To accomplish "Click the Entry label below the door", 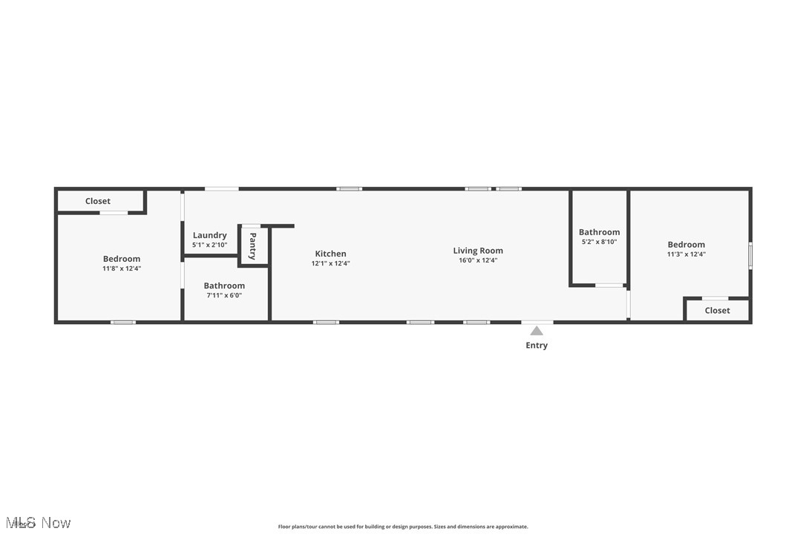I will tap(537, 346).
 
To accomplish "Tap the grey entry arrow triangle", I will tap(537, 332).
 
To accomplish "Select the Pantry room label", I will tap(252, 246).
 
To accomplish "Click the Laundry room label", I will tap(209, 235).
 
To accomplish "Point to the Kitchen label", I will tap(330, 254).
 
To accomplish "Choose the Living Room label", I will tap(478, 251).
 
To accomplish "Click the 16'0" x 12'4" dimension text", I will tap(478, 260).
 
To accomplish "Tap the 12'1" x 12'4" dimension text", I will tap(330, 263).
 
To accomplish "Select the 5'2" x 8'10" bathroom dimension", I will tap(598, 242).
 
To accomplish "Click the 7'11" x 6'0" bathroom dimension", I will tap(224, 295).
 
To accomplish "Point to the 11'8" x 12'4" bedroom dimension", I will tap(122, 268).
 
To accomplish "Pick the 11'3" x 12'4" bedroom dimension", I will tap(686, 254).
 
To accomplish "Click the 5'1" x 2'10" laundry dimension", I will tap(209, 245).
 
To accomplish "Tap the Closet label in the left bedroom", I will tap(97, 201).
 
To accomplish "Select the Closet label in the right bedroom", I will tap(717, 311).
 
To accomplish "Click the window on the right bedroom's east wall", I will tap(750, 256).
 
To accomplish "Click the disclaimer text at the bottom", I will tap(403, 527).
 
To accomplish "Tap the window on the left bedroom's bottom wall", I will tap(123, 322).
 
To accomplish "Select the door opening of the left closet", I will tap(114, 214).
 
